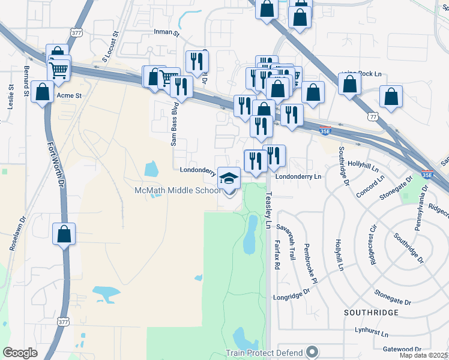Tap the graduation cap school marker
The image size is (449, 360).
tap(229, 178)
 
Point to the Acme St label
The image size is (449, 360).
tap(68, 95)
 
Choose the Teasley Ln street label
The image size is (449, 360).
tap(268, 211)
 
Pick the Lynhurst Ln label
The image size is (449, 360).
tap(372, 331)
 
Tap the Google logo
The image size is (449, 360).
tap(20, 352)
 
